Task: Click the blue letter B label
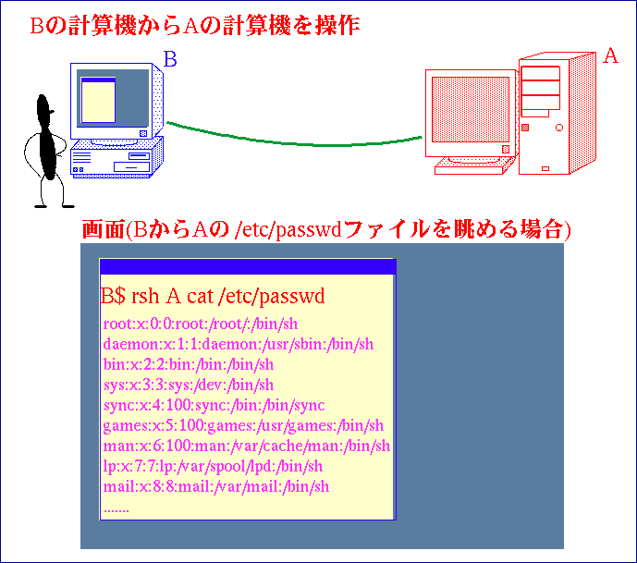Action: (170, 59)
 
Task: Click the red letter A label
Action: (610, 55)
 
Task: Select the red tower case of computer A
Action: (557, 114)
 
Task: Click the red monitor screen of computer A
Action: (471, 110)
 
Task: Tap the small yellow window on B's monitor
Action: (98, 100)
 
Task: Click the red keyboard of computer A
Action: (473, 166)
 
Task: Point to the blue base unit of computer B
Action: (116, 158)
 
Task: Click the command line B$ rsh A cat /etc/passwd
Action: (213, 296)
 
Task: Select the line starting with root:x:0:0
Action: (201, 324)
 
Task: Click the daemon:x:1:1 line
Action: (238, 345)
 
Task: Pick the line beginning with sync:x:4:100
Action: (214, 406)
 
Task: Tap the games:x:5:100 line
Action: (243, 425)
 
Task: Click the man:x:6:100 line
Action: (246, 446)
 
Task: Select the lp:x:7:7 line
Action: (213, 466)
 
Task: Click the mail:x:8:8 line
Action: (216, 486)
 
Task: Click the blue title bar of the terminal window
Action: (248, 267)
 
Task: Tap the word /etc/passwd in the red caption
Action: (288, 230)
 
